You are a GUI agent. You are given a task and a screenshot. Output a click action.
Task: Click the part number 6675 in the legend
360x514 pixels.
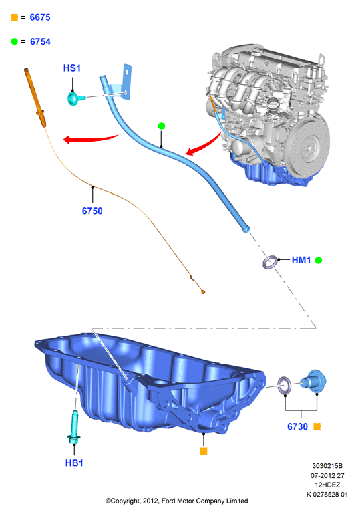click(40, 17)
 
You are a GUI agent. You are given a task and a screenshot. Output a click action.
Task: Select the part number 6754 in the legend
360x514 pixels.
click(40, 41)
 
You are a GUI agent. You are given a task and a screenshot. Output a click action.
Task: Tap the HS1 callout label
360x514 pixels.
click(71, 68)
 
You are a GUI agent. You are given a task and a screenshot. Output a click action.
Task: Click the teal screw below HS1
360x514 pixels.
click(75, 98)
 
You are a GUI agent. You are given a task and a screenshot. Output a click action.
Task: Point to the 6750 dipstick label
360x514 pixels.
click(92, 211)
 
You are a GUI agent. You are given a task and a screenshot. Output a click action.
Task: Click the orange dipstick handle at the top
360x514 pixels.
click(35, 97)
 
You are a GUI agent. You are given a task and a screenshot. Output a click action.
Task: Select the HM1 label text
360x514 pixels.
click(301, 260)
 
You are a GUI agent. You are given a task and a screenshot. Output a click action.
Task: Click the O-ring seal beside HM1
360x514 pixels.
click(271, 262)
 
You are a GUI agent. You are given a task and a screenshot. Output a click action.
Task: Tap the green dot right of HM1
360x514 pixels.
click(319, 260)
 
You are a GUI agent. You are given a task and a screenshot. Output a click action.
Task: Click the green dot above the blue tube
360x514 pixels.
click(161, 126)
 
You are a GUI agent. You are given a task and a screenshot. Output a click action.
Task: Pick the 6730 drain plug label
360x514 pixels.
click(297, 426)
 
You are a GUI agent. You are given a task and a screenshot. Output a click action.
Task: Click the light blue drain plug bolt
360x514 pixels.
click(314, 382)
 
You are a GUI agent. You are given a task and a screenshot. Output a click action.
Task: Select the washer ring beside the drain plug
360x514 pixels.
click(284, 386)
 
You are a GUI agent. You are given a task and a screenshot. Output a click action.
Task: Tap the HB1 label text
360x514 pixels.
click(74, 463)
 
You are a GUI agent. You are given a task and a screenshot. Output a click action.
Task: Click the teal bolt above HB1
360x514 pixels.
click(74, 428)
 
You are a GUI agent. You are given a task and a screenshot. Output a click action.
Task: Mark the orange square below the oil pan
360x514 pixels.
click(204, 451)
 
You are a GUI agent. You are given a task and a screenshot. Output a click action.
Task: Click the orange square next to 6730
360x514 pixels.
click(317, 426)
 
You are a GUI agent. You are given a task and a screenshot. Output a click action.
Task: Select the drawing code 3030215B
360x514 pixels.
click(327, 465)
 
